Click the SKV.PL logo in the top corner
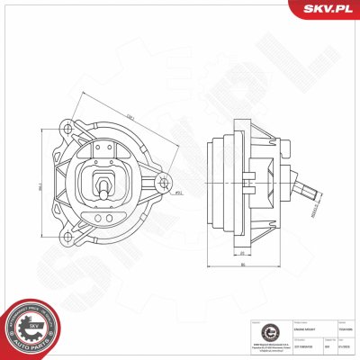pyautogui.click(x=325, y=9)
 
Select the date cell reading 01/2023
pyautogui.click(x=344, y=346)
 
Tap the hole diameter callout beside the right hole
pyautogui.click(x=179, y=193)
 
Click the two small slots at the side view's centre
pyautogui.click(x=278, y=187)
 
